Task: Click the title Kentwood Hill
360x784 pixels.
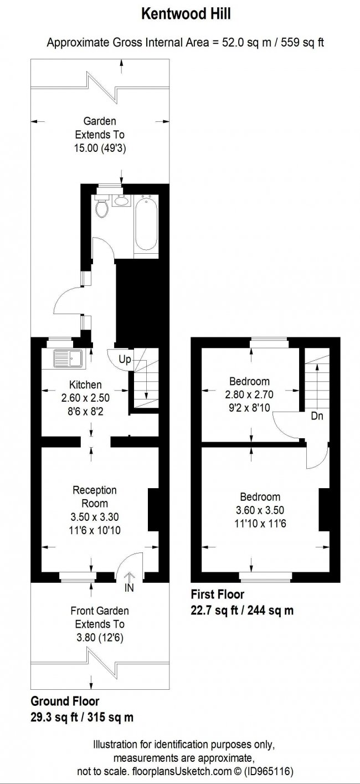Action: tap(186, 15)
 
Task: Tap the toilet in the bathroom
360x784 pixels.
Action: tap(102, 207)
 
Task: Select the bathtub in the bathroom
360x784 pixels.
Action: tap(147, 224)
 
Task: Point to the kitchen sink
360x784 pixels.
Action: tap(68, 358)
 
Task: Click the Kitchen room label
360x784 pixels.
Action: tap(85, 385)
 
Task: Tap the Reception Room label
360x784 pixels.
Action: tap(95, 496)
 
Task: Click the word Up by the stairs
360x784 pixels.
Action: tap(125, 360)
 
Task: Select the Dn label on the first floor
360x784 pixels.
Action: tap(317, 416)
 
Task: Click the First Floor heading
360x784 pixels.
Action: tap(217, 595)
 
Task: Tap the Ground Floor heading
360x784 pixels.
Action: tap(65, 701)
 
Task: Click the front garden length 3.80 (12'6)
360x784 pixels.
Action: tap(100, 638)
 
